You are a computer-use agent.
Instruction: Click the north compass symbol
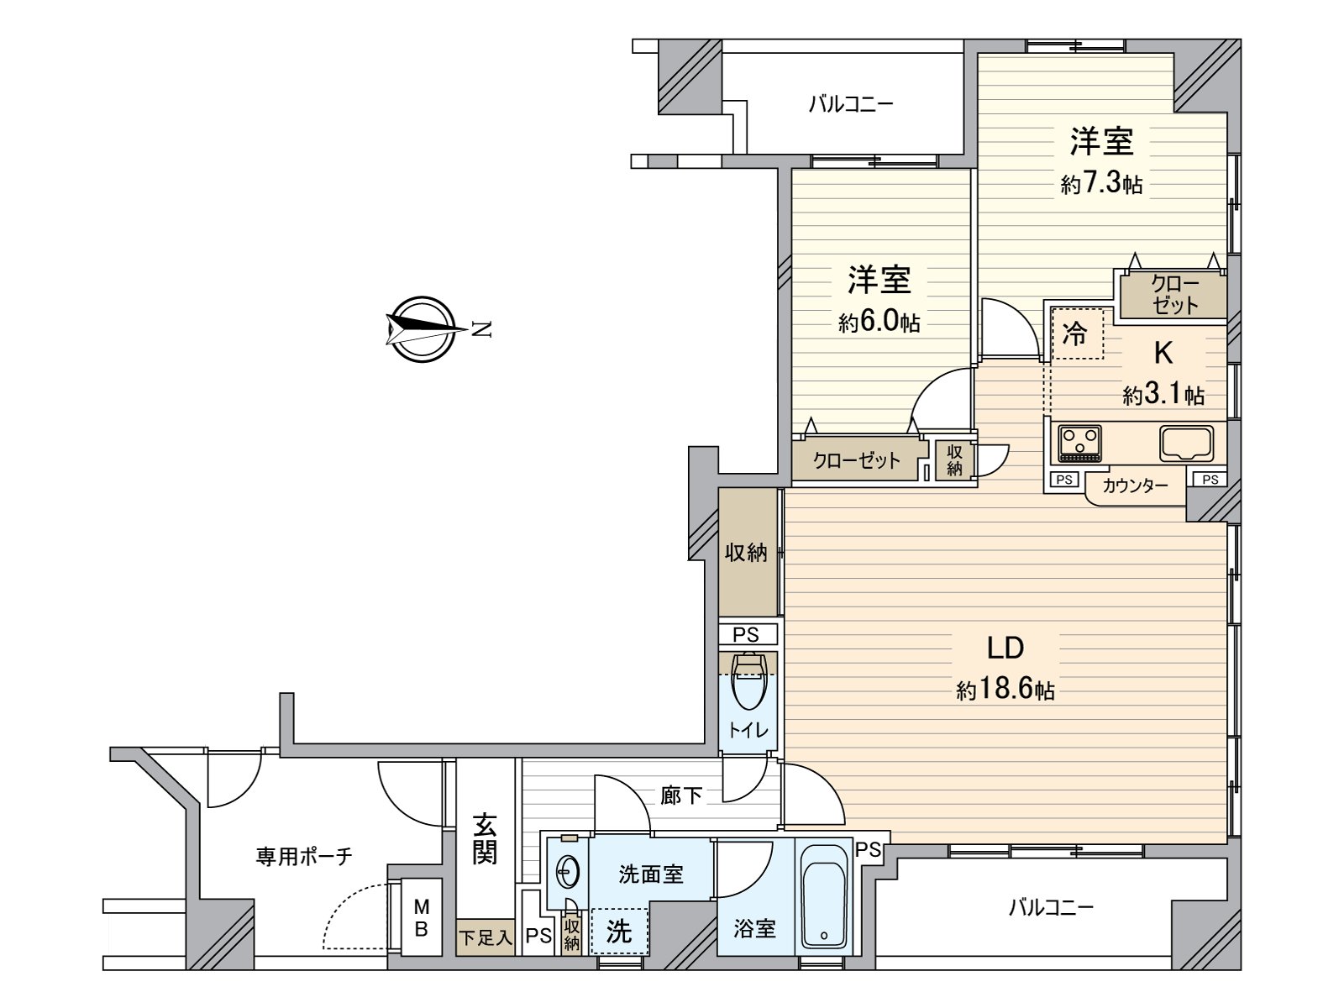tap(423, 329)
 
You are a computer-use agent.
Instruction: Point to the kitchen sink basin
tap(1186, 444)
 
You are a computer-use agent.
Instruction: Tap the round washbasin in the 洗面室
tap(568, 872)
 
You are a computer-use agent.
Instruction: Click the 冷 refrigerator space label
tap(1074, 334)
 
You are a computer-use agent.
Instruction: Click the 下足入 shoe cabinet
tap(486, 937)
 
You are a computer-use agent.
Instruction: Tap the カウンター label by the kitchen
tap(1135, 486)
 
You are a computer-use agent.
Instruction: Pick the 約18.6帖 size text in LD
tap(1005, 690)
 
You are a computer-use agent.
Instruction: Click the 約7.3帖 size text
tap(1101, 182)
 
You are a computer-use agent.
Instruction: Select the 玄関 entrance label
tap(485, 838)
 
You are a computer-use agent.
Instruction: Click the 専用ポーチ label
tap(304, 856)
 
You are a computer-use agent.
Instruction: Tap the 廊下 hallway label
tap(681, 795)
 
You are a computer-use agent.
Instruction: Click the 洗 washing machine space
tap(619, 931)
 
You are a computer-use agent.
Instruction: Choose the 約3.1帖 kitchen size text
tap(1163, 395)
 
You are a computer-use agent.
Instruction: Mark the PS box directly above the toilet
tap(748, 635)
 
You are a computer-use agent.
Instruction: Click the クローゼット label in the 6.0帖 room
tap(857, 460)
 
